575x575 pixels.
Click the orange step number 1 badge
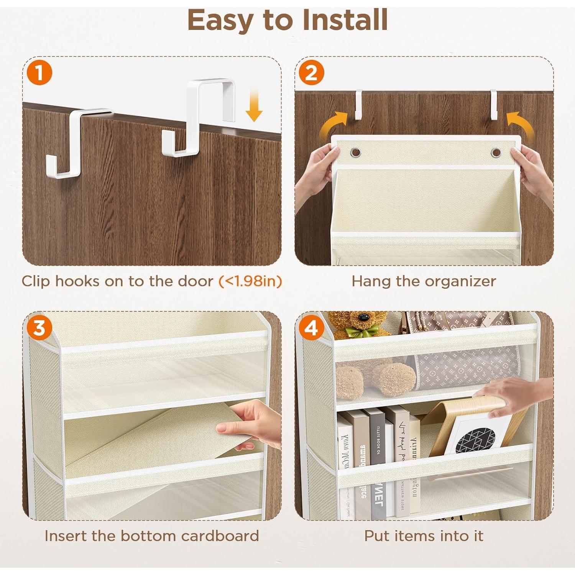point(39,72)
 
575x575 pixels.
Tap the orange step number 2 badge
point(311,72)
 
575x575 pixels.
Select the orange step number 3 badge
point(39,328)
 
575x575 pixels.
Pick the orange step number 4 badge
point(311,328)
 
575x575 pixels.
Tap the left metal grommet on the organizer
point(356,153)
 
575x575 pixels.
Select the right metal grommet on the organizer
point(496,153)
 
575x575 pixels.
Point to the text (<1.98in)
point(250,281)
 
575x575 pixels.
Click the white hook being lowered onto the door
point(203,115)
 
